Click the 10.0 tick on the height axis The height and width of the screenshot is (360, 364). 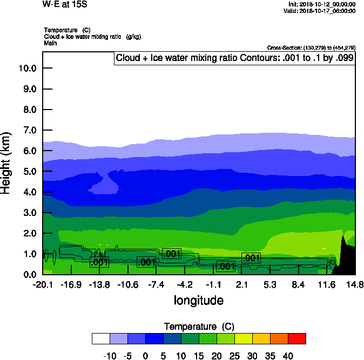[x=27, y=68]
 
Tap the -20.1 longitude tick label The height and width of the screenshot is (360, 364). [x=42, y=284]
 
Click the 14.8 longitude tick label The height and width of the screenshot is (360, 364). [x=355, y=284]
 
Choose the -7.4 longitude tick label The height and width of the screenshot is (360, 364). [x=156, y=284]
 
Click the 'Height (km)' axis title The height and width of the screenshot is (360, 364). [x=7, y=162]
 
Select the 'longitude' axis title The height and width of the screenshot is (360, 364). [x=198, y=300]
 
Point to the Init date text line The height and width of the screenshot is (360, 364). [x=322, y=4]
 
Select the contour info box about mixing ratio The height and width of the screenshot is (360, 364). [x=234, y=58]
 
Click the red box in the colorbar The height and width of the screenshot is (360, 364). [x=296, y=338]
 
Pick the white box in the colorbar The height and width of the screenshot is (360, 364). [x=101, y=338]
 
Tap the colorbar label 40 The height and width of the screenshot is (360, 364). [x=287, y=356]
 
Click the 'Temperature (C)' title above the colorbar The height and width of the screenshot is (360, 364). [x=199, y=327]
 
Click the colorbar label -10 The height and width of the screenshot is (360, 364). [x=110, y=356]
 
